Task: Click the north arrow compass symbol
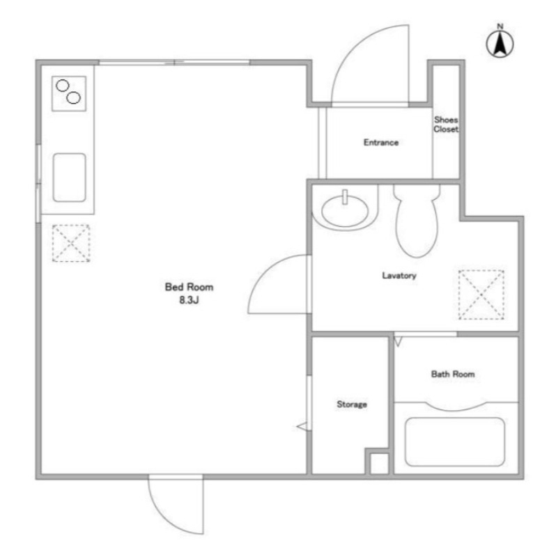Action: point(500,42)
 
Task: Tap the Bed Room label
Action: point(189,287)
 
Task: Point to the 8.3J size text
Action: point(189,300)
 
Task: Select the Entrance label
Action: point(380,143)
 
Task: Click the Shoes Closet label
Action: point(446,125)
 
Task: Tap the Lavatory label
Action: point(399,275)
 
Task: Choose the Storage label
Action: point(352,405)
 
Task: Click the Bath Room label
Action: point(453,374)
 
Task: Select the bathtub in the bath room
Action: point(455,441)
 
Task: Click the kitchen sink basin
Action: point(69,178)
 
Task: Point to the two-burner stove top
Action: point(68,93)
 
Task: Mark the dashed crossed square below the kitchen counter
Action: point(71,243)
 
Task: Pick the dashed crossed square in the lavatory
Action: point(481,295)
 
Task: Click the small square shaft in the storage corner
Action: point(379,463)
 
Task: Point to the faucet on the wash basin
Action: point(344,197)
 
